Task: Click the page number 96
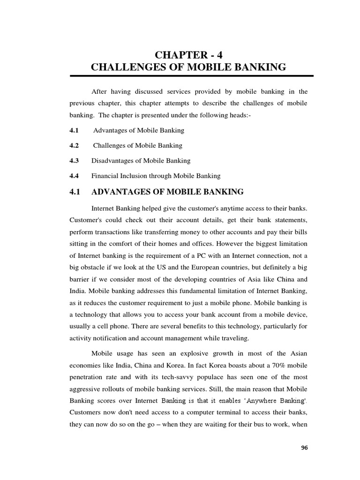304,448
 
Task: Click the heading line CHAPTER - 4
188,52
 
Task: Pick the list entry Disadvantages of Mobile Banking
141,160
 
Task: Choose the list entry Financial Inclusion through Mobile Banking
156,176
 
